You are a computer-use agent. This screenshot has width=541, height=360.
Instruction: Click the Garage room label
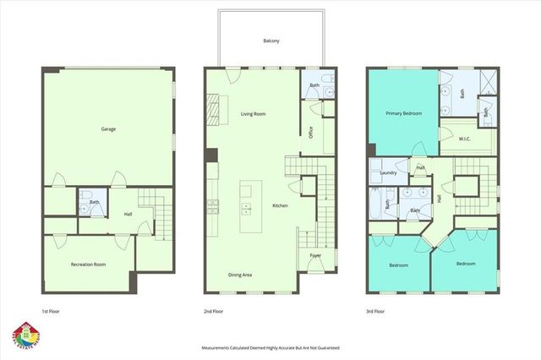click(x=108, y=129)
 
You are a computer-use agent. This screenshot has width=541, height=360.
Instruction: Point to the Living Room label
click(x=253, y=113)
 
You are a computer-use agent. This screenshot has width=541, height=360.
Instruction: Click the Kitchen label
click(x=280, y=205)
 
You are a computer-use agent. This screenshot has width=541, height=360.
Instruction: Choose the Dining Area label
click(x=241, y=275)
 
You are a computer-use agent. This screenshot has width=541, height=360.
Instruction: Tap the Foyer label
click(x=314, y=255)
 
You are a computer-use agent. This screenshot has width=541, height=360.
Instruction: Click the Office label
click(x=311, y=134)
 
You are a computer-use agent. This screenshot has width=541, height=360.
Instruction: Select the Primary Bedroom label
click(x=404, y=112)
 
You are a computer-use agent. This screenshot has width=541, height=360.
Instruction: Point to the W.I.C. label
click(x=464, y=139)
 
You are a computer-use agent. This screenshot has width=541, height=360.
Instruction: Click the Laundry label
click(x=389, y=173)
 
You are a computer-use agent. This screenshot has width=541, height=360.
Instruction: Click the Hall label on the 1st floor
click(x=128, y=214)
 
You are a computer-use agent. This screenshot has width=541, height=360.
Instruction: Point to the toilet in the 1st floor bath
click(x=88, y=201)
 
